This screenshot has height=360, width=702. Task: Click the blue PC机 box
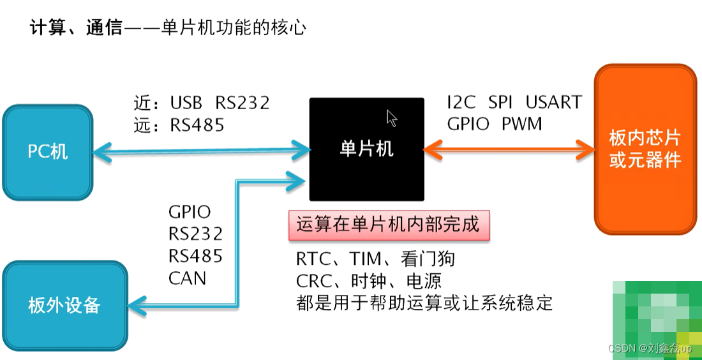[x=48, y=152]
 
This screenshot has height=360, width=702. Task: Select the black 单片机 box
[x=366, y=149]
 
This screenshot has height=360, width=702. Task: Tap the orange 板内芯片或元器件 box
[x=645, y=149]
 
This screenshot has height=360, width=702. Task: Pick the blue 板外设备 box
[x=64, y=305]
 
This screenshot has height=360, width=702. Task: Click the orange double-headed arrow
[x=509, y=150]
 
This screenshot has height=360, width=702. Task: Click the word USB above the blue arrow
[x=186, y=103]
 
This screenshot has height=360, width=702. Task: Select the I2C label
[x=461, y=102]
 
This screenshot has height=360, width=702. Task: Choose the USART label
[x=553, y=102]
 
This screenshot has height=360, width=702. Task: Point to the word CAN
[x=187, y=278]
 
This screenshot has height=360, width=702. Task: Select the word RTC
[x=313, y=259]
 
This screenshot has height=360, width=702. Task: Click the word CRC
[x=313, y=281]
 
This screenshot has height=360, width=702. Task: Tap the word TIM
[x=365, y=259]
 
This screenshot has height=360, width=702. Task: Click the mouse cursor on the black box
[x=392, y=118]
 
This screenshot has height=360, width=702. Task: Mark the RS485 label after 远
[x=197, y=125]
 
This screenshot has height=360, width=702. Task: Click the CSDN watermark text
[x=650, y=349]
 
